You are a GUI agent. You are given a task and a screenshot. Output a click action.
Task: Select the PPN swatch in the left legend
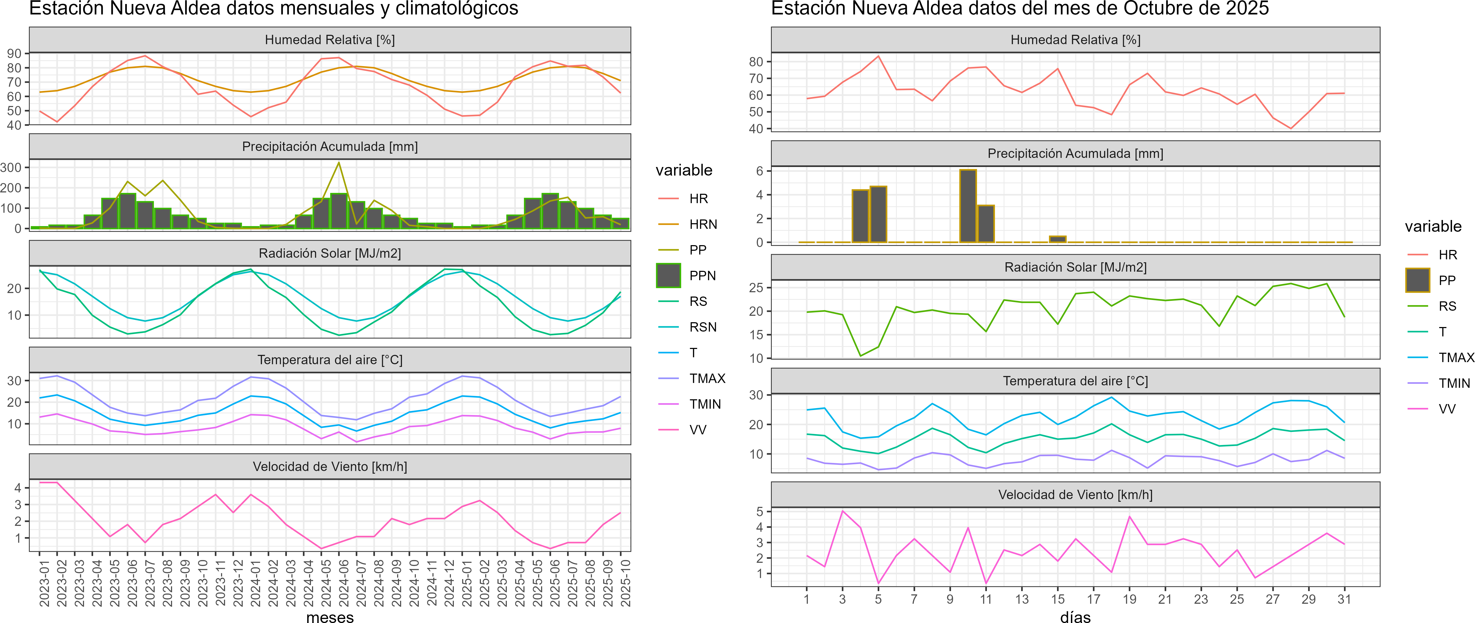coord(668,275)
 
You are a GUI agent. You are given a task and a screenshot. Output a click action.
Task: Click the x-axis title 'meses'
coord(330,617)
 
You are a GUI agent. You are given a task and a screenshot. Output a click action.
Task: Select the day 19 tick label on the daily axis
coord(1129,599)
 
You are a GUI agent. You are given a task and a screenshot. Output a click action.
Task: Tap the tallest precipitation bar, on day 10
coord(968,206)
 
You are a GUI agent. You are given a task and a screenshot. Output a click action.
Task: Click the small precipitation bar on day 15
coord(1058,239)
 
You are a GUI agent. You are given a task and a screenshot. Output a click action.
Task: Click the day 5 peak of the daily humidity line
coord(878,56)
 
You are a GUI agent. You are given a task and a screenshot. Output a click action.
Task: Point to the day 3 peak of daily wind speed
coord(842,511)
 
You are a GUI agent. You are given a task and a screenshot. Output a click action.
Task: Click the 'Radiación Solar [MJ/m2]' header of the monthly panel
coord(330,253)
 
